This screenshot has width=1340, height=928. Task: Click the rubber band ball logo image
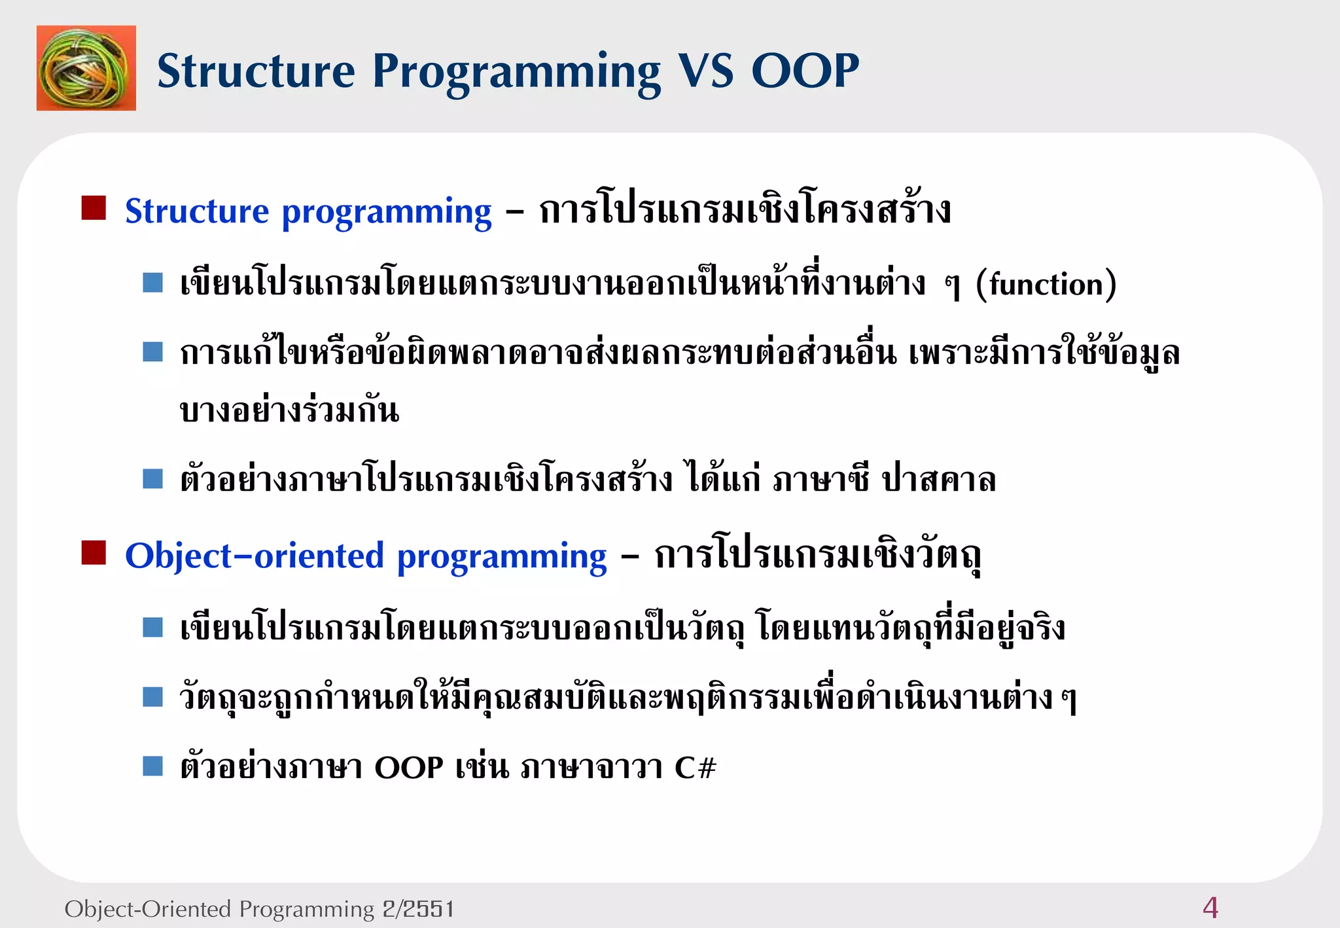click(x=86, y=68)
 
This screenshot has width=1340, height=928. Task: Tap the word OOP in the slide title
click(x=805, y=71)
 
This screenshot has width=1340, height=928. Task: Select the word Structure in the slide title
click(x=256, y=71)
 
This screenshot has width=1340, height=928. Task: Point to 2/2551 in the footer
click(x=418, y=909)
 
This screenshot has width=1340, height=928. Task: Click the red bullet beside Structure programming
click(x=94, y=208)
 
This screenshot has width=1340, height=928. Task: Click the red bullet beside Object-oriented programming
click(x=94, y=552)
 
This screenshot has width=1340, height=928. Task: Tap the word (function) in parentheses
click(x=1046, y=285)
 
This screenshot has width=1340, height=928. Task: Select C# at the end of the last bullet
click(x=695, y=767)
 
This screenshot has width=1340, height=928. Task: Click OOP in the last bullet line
click(x=409, y=767)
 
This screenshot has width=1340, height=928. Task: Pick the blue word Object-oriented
click(x=254, y=556)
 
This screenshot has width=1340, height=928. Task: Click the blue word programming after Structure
click(x=386, y=212)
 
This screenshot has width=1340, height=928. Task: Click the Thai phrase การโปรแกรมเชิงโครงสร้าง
click(x=745, y=211)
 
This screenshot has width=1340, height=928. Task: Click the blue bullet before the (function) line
click(x=152, y=283)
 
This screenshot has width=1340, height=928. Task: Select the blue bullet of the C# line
click(x=152, y=766)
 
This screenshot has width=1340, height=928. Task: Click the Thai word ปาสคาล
click(x=938, y=480)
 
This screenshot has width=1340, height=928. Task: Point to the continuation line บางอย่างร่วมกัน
click(x=289, y=411)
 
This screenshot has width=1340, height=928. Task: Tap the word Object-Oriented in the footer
click(x=148, y=909)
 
